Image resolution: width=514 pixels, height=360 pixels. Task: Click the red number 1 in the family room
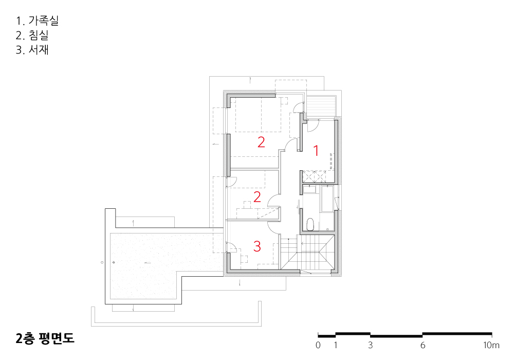point(316,151)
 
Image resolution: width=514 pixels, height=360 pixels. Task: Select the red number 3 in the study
point(257,246)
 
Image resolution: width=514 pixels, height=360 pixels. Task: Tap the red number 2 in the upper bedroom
point(261,142)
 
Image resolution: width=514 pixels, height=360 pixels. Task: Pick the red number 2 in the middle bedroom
point(258,197)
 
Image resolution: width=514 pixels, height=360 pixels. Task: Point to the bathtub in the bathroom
point(327,199)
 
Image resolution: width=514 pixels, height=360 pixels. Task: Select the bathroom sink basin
point(309,189)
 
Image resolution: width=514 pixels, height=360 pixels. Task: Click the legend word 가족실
point(44,21)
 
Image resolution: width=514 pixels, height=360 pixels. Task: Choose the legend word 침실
point(39,35)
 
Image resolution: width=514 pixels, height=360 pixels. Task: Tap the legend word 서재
point(39,49)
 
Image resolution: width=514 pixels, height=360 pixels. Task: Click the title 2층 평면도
point(45,338)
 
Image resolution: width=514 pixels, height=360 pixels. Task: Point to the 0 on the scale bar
point(318,345)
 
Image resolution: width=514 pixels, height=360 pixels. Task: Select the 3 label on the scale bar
point(371,345)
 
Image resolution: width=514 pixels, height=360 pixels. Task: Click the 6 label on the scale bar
point(423,345)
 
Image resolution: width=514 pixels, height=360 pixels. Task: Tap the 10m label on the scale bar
point(491,345)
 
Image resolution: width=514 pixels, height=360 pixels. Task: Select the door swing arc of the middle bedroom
point(274,201)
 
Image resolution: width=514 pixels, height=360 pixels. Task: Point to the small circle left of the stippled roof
point(102,262)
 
